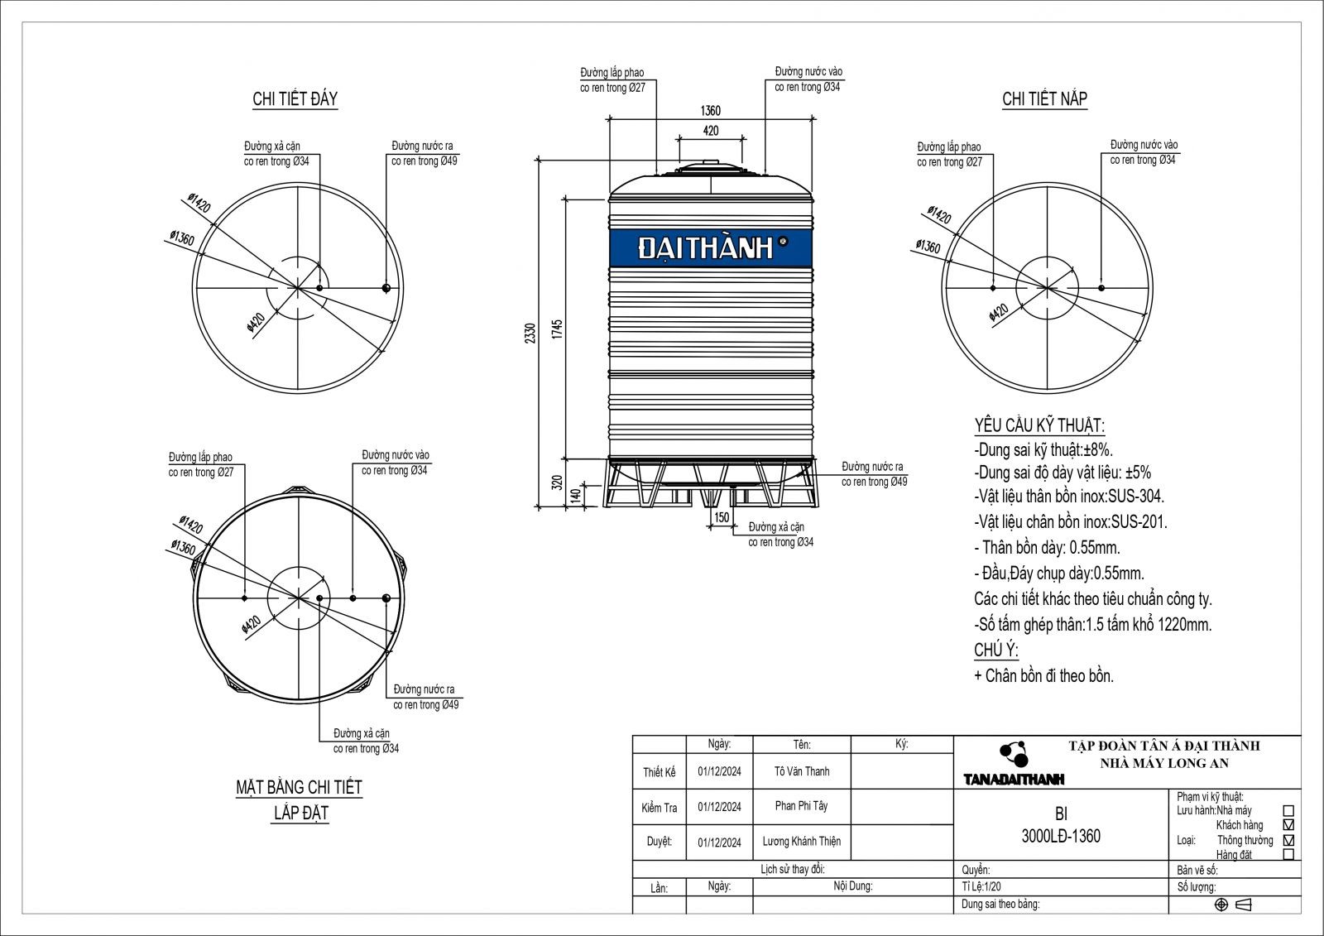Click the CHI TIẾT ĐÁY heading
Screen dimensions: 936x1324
click(295, 99)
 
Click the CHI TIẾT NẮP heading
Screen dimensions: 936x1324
click(1044, 99)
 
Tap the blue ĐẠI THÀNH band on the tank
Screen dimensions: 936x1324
click(710, 247)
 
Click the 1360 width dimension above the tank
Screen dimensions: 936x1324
click(710, 111)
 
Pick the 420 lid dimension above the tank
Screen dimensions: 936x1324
click(710, 131)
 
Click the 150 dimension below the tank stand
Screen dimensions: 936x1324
click(721, 517)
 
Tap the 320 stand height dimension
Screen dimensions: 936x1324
click(557, 482)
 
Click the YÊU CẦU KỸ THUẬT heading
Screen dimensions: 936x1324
click(1039, 426)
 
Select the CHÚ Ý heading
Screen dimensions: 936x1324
click(995, 650)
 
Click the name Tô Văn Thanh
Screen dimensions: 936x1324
click(801, 771)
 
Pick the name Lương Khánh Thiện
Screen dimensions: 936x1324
click(801, 842)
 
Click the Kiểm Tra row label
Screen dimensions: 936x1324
click(659, 808)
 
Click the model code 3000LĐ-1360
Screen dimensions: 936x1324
click(1061, 837)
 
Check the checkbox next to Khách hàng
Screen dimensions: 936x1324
click(1287, 825)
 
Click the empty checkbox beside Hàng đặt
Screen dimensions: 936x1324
click(1287, 855)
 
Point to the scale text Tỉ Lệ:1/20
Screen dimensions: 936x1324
click(981, 887)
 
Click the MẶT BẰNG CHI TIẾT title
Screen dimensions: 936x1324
click(299, 787)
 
